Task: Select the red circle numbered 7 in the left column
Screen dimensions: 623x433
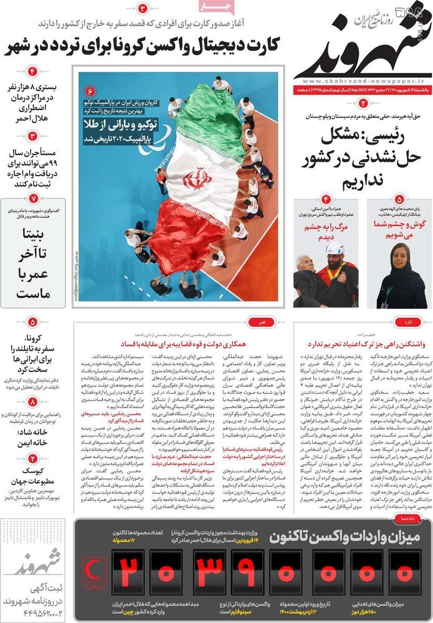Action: click(x=33, y=198)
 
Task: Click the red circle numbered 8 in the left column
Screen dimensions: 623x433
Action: click(x=32, y=402)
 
